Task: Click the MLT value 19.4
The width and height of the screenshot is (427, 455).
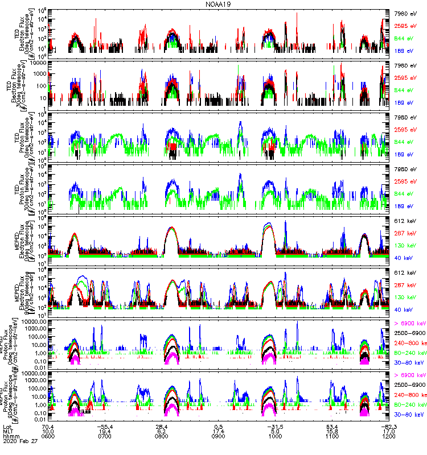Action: pyautogui.click(x=105, y=432)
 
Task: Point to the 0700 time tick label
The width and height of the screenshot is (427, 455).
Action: pyautogui.click(x=105, y=439)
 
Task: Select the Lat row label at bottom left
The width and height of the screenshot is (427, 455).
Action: pyautogui.click(x=7, y=427)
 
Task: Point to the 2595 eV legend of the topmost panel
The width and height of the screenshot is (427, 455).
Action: pyautogui.click(x=406, y=26)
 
